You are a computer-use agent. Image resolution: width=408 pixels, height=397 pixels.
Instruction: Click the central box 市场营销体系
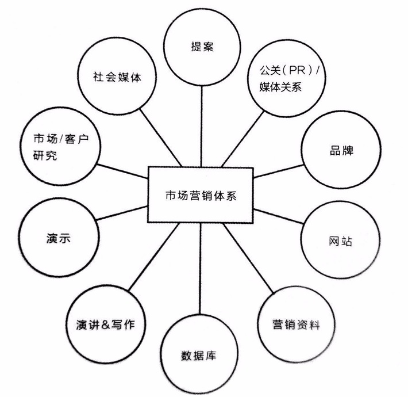coord(201,195)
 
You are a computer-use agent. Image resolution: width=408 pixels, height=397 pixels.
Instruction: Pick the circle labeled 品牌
coord(341,151)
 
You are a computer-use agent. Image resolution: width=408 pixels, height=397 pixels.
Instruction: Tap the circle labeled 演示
coord(57,237)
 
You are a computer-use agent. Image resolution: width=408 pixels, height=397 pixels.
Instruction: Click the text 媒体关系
coord(276,88)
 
